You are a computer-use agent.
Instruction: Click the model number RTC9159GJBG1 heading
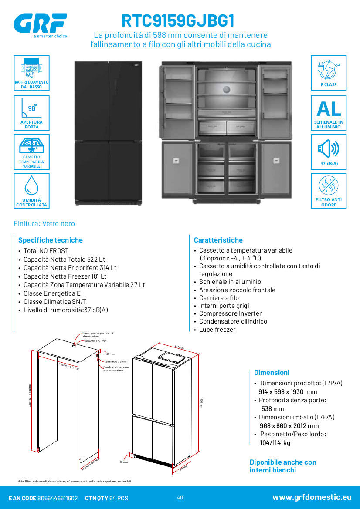tap(178, 20)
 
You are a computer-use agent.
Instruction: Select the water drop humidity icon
tap(31, 185)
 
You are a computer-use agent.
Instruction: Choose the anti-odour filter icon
tap(329, 187)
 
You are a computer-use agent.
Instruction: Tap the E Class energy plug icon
tap(329, 69)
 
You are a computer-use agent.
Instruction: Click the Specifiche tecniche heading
tap(50, 240)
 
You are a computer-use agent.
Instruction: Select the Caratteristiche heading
tap(218, 240)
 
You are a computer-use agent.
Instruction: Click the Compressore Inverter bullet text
tap(230, 313)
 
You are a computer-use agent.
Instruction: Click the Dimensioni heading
tap(272, 372)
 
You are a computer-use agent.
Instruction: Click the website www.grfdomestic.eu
tap(312, 497)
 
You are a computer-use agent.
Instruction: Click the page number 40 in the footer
tap(180, 498)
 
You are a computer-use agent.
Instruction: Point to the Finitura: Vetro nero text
tap(44, 223)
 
